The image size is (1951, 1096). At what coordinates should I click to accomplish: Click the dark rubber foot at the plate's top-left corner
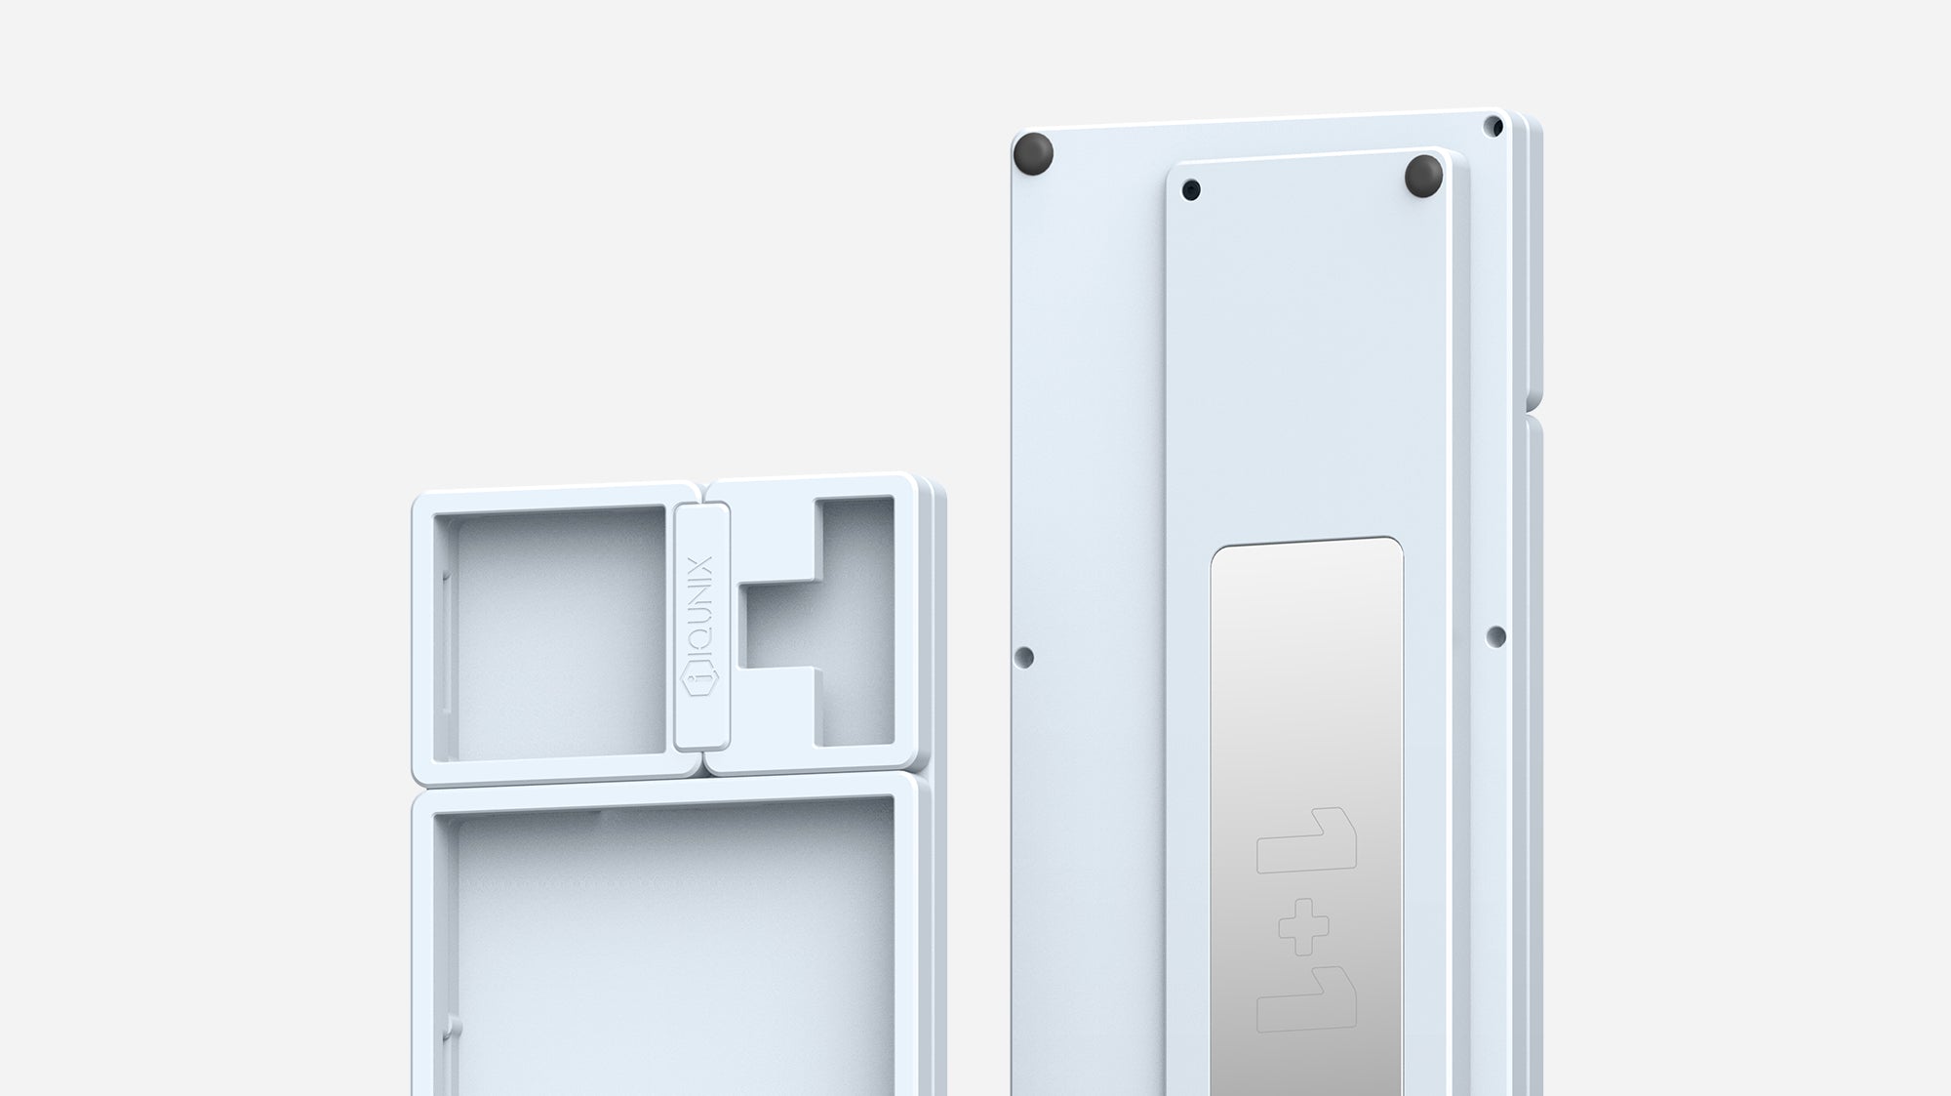[1034, 153]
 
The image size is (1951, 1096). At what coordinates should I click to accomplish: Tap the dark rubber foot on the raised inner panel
[1423, 175]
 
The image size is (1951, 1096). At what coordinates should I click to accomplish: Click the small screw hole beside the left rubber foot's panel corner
[1191, 189]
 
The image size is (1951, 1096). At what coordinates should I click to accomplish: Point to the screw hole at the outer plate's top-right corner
[1493, 126]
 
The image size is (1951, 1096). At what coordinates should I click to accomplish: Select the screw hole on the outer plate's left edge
[1024, 657]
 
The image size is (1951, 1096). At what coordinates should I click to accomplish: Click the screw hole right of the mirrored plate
[1495, 637]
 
